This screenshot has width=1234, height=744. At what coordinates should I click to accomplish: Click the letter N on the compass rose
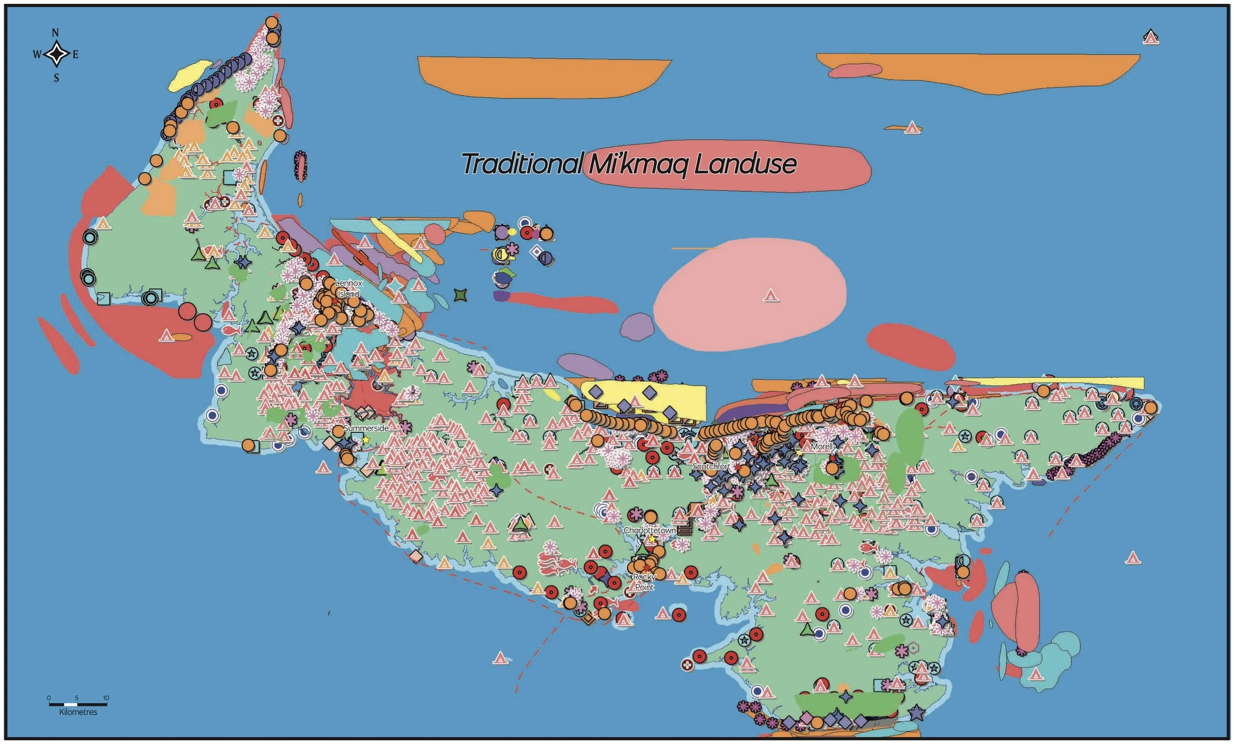[x=55, y=33]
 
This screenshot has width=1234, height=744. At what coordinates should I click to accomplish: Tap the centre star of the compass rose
[x=56, y=54]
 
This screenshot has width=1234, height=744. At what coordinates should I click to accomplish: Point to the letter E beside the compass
[x=76, y=55]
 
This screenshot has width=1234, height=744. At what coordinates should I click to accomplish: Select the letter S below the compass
[x=56, y=77]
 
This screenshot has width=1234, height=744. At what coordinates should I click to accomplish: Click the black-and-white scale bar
[x=77, y=705]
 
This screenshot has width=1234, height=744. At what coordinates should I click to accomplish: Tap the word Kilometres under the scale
[x=78, y=712]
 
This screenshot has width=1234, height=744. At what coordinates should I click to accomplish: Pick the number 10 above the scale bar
[x=106, y=698]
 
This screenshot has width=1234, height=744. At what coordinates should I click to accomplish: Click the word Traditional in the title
[x=522, y=164]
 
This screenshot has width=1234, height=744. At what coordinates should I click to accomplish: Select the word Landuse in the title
[x=745, y=164]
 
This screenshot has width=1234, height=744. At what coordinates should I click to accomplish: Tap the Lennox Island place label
[x=348, y=289]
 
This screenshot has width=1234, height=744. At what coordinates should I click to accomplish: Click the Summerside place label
[x=366, y=428]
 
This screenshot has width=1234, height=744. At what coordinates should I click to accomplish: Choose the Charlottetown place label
[x=650, y=530]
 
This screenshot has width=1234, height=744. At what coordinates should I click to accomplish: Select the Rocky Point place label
[x=645, y=582]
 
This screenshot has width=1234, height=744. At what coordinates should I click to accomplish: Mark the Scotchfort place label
[x=711, y=466]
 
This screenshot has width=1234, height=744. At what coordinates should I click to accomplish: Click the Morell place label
[x=822, y=446]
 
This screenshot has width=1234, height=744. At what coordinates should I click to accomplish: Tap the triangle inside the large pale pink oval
[x=771, y=296]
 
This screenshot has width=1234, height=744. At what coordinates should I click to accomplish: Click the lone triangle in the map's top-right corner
[x=1151, y=37]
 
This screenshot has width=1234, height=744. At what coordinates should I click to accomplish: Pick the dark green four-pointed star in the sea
[x=460, y=295]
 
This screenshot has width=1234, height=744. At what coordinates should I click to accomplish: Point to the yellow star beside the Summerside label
[x=366, y=440]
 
